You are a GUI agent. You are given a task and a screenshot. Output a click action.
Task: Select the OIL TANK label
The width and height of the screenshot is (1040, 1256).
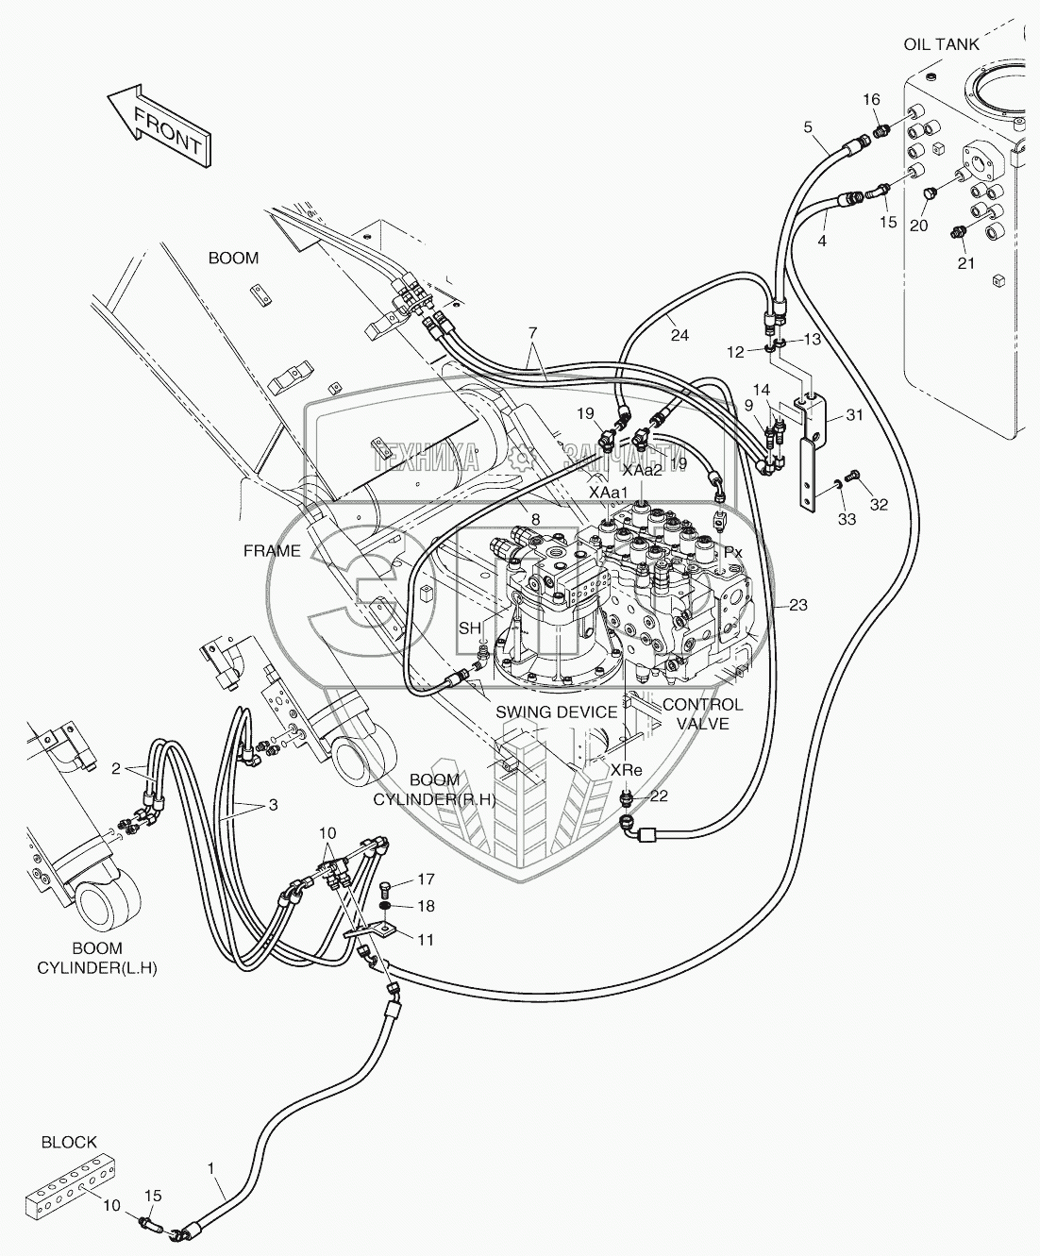click(941, 44)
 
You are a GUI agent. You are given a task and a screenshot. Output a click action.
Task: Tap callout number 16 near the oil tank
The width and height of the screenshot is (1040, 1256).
click(871, 100)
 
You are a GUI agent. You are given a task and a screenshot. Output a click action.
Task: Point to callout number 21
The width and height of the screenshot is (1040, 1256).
click(965, 263)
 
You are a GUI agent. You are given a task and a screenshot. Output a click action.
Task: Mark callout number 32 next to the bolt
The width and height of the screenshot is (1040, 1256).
click(879, 505)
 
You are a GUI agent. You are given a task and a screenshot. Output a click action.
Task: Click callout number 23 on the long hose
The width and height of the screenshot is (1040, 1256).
click(798, 606)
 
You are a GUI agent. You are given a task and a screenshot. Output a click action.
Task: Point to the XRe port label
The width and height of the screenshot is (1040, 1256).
click(626, 770)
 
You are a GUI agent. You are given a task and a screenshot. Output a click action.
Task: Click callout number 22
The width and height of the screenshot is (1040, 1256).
click(658, 795)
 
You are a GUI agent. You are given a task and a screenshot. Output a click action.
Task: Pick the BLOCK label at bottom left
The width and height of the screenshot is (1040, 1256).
click(69, 1142)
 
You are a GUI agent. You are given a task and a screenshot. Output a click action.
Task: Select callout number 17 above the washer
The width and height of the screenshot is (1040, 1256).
click(426, 879)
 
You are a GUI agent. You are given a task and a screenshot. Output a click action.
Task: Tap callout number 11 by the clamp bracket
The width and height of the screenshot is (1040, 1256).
click(426, 940)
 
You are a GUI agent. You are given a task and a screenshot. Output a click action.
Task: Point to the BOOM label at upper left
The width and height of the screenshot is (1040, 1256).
click(233, 258)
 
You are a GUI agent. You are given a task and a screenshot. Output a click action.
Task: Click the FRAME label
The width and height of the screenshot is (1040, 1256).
click(272, 551)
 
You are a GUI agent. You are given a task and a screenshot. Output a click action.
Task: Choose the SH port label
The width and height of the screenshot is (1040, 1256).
click(469, 628)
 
